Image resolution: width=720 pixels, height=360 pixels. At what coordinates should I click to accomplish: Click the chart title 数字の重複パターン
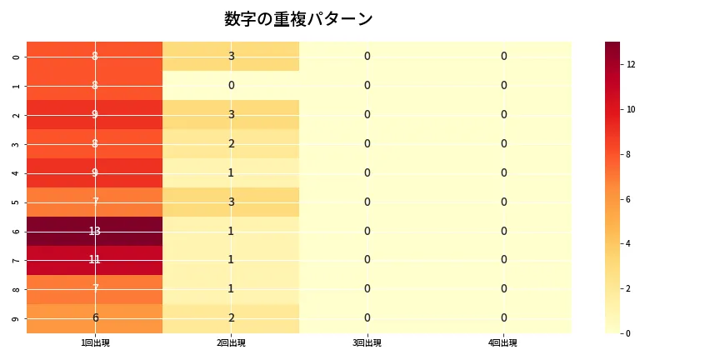[298, 19]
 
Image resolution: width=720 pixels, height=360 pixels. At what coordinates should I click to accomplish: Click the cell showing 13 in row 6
[95, 231]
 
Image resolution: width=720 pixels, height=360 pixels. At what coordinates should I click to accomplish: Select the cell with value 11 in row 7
[95, 260]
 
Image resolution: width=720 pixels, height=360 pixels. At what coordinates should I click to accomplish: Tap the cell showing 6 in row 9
[95, 317]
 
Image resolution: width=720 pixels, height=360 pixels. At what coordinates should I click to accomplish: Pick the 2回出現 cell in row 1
[231, 85]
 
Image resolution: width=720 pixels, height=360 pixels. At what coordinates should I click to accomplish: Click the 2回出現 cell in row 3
[231, 143]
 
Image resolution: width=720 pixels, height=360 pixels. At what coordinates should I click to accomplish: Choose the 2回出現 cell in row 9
[231, 317]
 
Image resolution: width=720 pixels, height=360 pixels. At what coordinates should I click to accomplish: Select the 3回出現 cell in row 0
[367, 56]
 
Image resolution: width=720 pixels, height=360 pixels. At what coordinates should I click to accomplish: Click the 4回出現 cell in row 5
[503, 202]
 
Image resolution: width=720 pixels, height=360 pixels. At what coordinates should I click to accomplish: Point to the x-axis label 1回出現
[95, 343]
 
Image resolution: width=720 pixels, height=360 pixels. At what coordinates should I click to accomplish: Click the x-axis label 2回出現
[231, 343]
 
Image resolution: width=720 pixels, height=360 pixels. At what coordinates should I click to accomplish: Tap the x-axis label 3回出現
[367, 343]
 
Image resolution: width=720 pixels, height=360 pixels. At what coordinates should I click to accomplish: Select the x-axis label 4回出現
[503, 343]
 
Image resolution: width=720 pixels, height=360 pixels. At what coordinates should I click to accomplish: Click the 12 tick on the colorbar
[632, 64]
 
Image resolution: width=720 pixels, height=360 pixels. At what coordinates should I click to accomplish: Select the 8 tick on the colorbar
[632, 154]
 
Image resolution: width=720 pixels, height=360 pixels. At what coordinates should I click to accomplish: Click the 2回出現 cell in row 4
[231, 172]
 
